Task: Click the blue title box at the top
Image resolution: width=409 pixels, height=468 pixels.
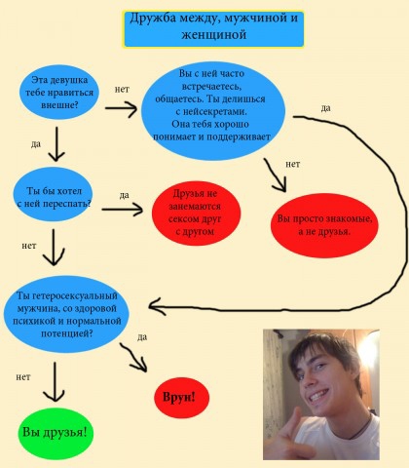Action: coord(213,29)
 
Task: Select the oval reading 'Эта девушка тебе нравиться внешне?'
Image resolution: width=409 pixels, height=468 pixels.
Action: coord(59,93)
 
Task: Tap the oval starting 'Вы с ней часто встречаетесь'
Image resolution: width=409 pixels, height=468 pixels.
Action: coord(213,110)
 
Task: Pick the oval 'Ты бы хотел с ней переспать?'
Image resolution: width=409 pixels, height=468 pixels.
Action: coord(53,194)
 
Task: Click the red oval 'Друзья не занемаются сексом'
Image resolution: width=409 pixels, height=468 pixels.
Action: coord(196,213)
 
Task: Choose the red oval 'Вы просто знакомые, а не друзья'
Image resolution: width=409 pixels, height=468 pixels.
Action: coord(324,225)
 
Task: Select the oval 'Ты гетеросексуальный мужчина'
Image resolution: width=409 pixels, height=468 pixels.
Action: coord(66,314)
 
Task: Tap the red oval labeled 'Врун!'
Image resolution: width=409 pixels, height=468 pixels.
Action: coord(181,398)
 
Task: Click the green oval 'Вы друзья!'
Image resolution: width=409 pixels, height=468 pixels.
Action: coord(56,433)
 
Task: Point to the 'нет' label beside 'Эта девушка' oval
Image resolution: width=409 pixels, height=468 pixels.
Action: coord(122,89)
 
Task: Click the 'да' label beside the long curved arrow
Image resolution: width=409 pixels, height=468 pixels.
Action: coord(325,108)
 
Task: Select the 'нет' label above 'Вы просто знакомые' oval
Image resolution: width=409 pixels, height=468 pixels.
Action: coord(292,164)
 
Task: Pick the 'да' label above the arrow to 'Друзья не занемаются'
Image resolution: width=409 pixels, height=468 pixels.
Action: coord(124,195)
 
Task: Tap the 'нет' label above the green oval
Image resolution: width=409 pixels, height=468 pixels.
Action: coord(23,377)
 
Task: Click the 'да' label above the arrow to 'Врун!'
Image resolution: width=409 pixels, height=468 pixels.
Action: coord(142,337)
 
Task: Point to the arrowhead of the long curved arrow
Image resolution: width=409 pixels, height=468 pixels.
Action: coord(150,306)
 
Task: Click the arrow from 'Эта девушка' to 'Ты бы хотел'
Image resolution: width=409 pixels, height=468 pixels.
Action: coord(56,144)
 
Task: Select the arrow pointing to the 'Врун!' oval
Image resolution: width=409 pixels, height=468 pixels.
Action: coord(133,357)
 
